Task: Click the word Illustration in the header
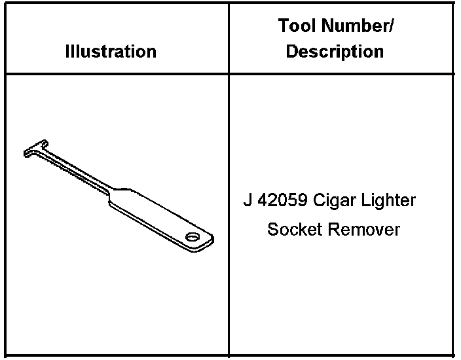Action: (x=111, y=52)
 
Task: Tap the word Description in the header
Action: (x=335, y=52)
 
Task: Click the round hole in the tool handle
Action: (x=193, y=236)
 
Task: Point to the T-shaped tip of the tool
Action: (x=35, y=149)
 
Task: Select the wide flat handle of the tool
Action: (x=157, y=216)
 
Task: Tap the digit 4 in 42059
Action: (x=262, y=200)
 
